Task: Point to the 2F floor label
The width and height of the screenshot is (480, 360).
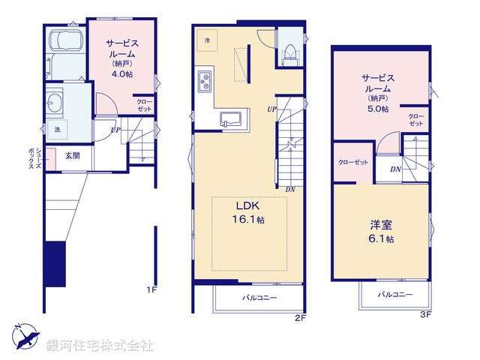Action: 300,318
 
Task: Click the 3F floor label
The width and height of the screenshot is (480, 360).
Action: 424,313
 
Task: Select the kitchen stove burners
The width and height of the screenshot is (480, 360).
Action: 205,80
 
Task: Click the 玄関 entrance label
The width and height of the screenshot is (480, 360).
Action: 73,156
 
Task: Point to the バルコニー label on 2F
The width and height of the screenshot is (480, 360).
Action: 259,298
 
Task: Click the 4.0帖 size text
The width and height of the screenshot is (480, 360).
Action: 123,74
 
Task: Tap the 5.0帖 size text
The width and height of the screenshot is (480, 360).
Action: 379,109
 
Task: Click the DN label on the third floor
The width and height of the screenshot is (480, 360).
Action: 394,169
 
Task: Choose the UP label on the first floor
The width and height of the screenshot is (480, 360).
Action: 115,130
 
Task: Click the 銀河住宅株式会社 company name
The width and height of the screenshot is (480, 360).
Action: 100,346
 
